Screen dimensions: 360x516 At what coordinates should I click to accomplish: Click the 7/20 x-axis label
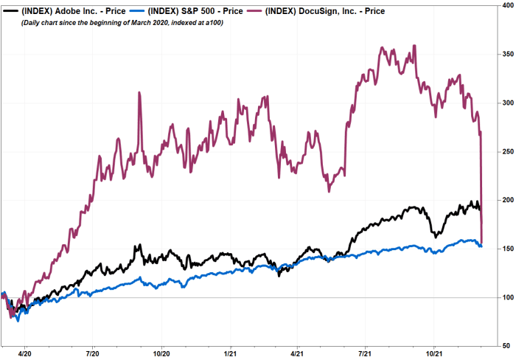click(x=94, y=353)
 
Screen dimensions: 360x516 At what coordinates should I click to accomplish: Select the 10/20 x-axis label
click(x=162, y=353)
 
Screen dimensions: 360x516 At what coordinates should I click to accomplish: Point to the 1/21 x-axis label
click(x=231, y=353)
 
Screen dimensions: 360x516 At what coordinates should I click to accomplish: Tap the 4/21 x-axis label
click(x=298, y=353)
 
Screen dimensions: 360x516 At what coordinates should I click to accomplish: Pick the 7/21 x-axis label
click(x=366, y=353)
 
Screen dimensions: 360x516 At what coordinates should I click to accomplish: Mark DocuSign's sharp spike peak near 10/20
click(x=139, y=93)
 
